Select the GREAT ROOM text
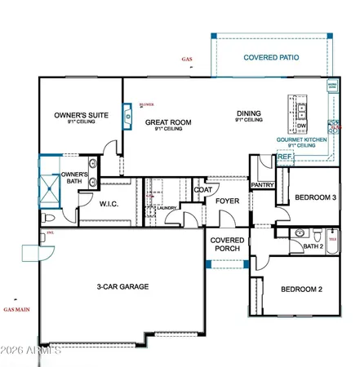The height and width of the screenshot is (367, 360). pos(168,122)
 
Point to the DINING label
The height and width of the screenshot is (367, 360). pos(249,114)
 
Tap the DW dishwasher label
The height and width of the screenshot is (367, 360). pos(301,126)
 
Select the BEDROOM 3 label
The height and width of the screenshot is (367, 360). pos(315,197)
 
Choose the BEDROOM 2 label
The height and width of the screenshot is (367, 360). pos(302,290)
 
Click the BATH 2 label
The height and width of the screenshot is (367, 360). pos(313,245)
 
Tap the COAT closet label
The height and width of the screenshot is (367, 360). pos(203,190)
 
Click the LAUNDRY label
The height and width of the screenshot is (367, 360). pos(168,208)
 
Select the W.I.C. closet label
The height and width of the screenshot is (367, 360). pos(110,205)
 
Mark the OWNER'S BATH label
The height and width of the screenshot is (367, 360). pos(73,179)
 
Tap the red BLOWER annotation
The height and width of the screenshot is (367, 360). pos(147,104)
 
